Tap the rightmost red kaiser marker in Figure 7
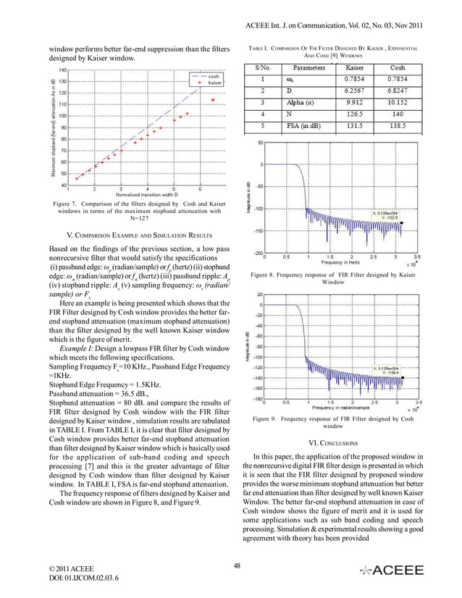(x=212, y=100)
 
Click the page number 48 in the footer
(x=237, y=567)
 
